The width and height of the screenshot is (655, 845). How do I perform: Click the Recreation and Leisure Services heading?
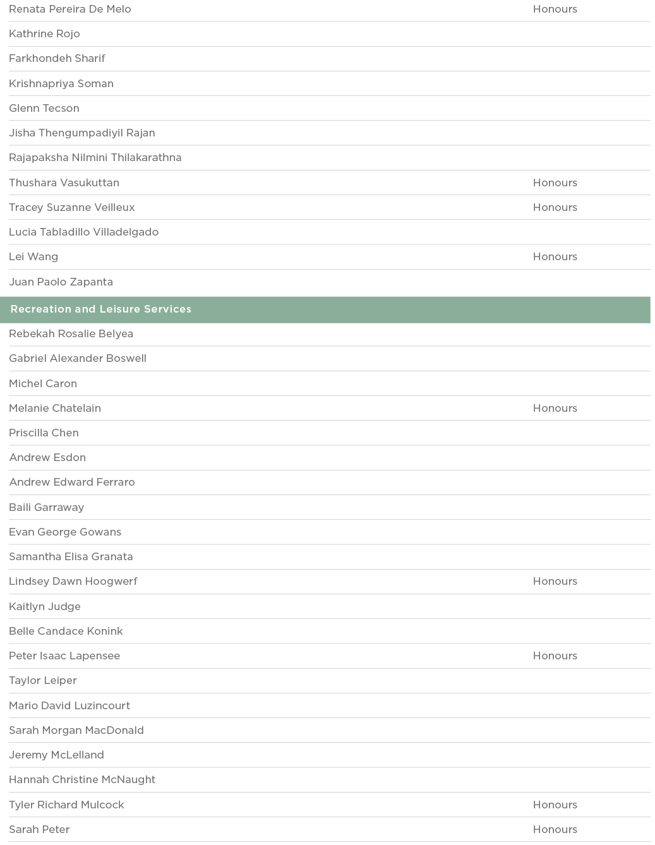pos(101,309)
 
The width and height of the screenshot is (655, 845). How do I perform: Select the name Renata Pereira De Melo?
pos(70,9)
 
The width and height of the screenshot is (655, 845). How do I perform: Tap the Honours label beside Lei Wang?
pos(555,256)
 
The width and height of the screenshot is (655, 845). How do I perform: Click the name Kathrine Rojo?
pos(44,33)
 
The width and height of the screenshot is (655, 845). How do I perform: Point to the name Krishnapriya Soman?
pos(61,83)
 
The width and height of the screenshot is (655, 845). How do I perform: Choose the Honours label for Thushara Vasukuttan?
pos(555,183)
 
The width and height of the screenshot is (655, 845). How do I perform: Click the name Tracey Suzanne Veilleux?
pos(72,207)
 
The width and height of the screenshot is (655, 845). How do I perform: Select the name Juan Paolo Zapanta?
pos(61,282)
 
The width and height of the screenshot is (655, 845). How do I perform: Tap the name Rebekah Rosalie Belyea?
pos(71,333)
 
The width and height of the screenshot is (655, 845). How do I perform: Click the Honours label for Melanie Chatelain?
pos(555,408)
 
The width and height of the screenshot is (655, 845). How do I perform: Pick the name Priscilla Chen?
pos(44,433)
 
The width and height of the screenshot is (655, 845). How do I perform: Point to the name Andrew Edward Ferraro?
pos(72,482)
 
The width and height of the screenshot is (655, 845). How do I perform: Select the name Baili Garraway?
pos(46,507)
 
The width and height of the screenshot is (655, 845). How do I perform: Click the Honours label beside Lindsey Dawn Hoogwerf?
pos(555,581)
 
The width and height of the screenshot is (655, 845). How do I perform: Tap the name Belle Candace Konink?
pos(66,631)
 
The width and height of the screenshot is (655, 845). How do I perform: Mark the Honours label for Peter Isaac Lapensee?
pos(555,656)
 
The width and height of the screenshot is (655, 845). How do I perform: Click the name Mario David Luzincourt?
pos(69,705)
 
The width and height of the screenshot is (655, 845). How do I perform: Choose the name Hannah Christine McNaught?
pos(82,779)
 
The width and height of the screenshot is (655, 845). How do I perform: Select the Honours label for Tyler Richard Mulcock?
pos(555,805)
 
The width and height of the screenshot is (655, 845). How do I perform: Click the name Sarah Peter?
pos(39,829)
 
